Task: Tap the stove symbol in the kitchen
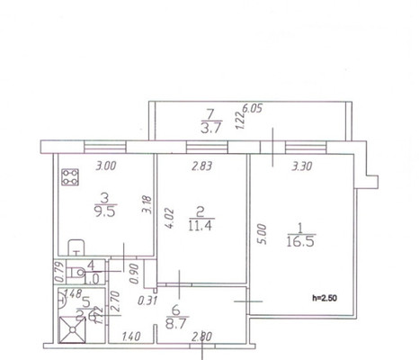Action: coord(69,176)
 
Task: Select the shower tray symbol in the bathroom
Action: coord(71,329)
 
